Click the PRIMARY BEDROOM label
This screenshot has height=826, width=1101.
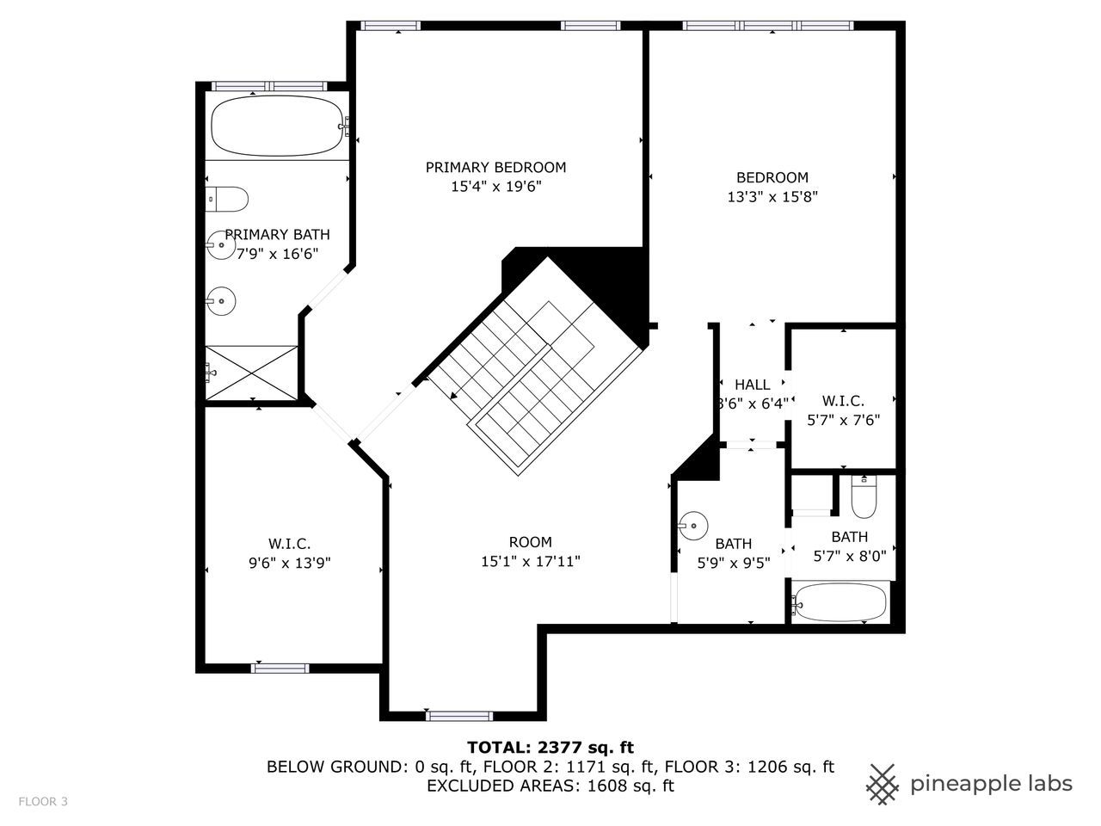(x=495, y=167)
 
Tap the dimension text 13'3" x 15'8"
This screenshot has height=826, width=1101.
(x=772, y=196)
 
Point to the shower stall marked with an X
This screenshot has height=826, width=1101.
(x=251, y=372)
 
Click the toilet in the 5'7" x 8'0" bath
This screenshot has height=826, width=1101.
(x=863, y=497)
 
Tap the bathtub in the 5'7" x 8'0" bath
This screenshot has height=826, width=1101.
(x=840, y=603)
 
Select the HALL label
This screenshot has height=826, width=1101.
(x=752, y=385)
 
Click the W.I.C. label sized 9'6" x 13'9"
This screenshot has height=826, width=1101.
(x=289, y=544)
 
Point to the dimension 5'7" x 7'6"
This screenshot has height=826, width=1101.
(x=843, y=420)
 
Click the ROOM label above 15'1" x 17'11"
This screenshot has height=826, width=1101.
(x=530, y=542)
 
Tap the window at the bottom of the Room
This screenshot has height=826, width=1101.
(x=459, y=715)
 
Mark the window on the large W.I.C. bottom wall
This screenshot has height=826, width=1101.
(x=280, y=668)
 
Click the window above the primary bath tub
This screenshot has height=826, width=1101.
(x=269, y=86)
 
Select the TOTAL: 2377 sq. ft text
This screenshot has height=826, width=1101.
(x=550, y=747)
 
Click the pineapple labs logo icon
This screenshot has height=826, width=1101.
(x=882, y=784)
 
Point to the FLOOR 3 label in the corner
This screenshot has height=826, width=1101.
(x=43, y=802)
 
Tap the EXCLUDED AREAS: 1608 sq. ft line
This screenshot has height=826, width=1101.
(x=550, y=786)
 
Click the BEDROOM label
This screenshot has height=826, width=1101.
(x=772, y=177)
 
